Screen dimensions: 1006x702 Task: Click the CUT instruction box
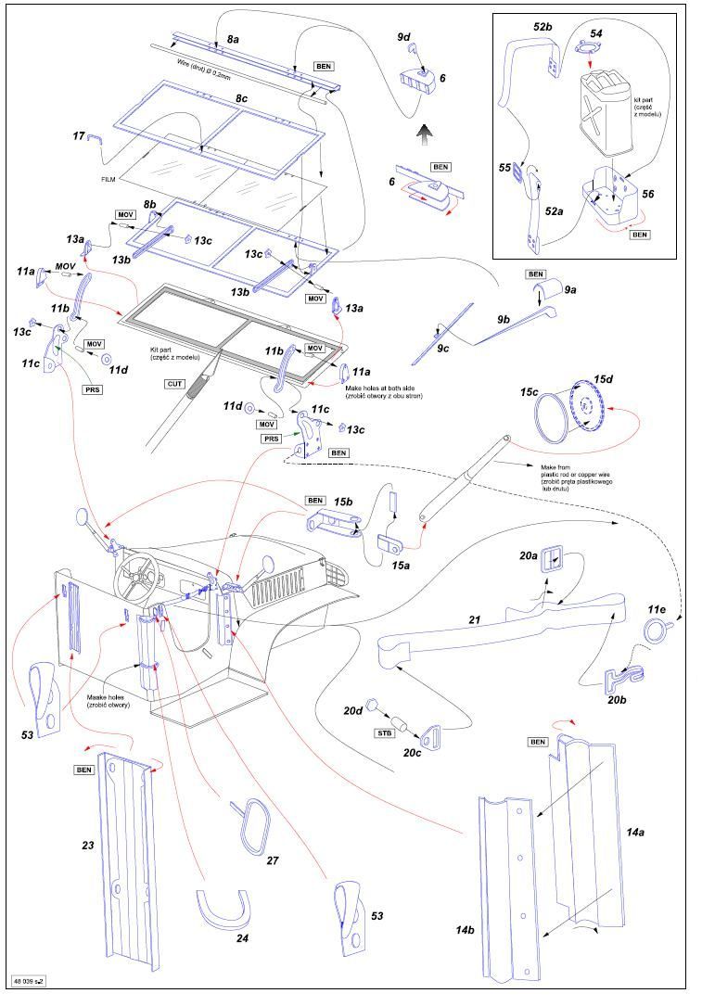tap(174, 382)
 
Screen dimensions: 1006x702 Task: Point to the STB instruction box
tap(384, 732)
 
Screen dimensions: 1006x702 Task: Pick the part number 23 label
tap(88, 846)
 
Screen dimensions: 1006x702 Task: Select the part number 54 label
tap(596, 33)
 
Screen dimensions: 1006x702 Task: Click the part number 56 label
tap(646, 194)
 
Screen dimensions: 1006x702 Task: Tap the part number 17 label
tap(80, 136)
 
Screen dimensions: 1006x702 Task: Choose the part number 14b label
tap(464, 929)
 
